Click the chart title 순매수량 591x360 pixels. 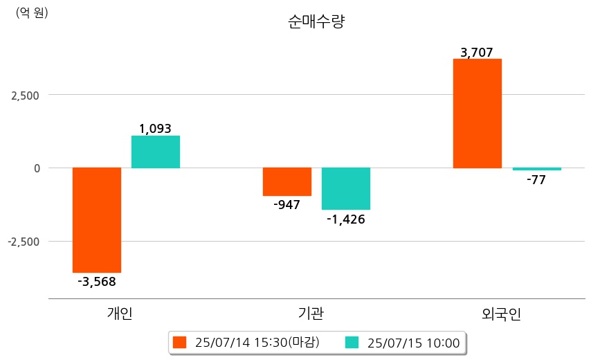point(316,21)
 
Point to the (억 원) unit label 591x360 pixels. point(32,12)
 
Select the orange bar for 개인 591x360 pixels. point(97,219)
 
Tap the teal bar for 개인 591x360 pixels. point(156,152)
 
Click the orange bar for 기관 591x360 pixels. point(287,181)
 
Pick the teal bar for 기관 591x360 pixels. point(346,188)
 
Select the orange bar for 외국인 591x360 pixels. point(478,114)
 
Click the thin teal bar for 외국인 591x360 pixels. point(537,169)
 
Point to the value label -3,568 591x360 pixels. point(97,282)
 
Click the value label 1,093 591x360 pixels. point(155,128)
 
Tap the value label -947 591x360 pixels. point(287,205)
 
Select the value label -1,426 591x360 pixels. point(346,219)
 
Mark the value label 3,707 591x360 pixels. point(477,52)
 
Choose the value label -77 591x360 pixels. point(536,180)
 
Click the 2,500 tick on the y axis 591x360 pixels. point(25,95)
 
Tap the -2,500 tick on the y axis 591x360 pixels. point(23,242)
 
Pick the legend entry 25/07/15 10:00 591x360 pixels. point(404,343)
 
